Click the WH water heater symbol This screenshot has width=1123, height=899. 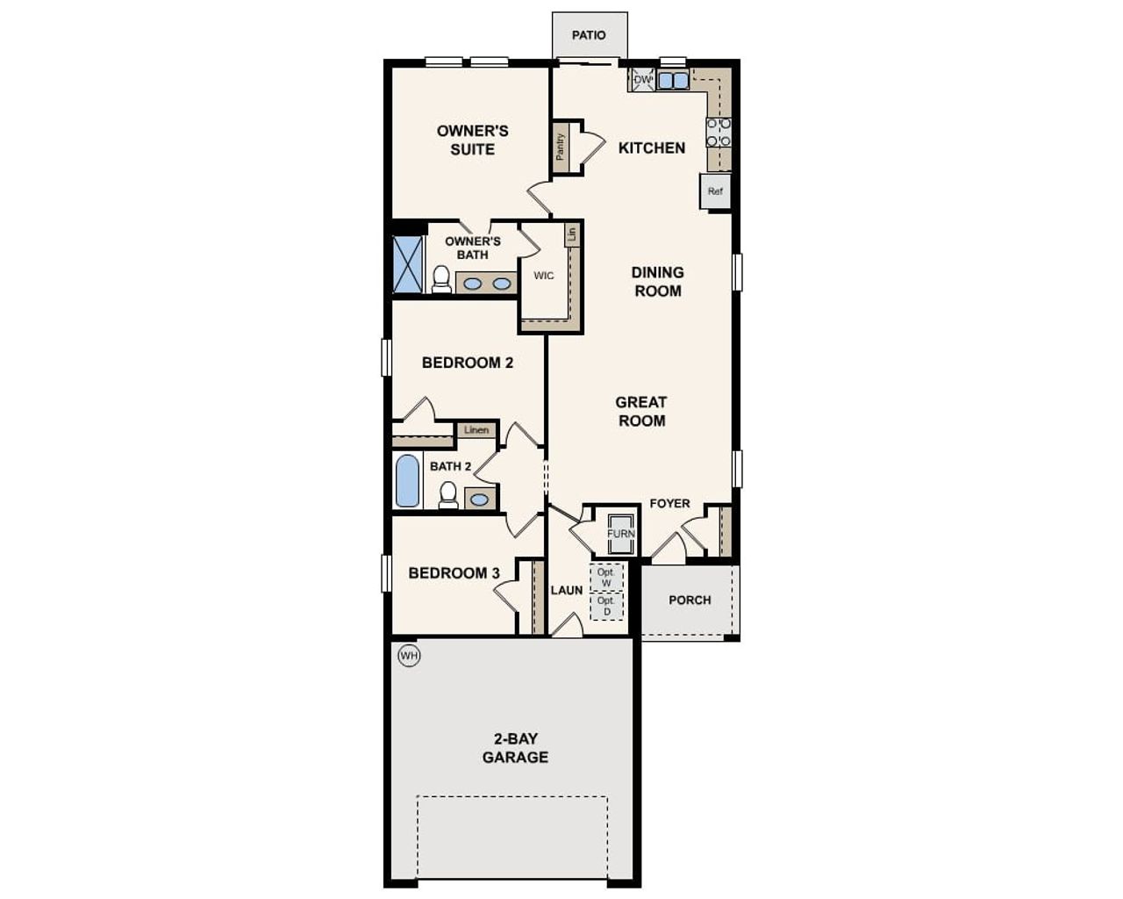[409, 655]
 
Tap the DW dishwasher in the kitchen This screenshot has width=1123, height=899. [642, 80]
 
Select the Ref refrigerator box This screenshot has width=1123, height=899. [715, 191]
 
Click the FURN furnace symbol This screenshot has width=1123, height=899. [620, 533]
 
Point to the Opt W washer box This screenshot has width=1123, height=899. [605, 577]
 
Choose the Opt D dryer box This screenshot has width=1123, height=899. [605, 606]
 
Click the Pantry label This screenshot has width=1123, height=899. [560, 147]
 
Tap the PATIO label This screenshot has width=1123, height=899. [589, 35]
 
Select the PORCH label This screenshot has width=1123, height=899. [690, 600]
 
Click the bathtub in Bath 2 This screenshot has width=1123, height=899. [407, 480]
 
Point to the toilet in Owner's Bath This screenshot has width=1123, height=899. [440, 279]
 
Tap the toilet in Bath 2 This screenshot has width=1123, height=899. [448, 494]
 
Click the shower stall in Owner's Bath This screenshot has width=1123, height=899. [408, 263]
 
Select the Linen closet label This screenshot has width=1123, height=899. [476, 430]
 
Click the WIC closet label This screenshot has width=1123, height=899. [544, 276]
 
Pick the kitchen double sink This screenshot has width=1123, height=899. [673, 81]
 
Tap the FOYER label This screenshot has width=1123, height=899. [669, 503]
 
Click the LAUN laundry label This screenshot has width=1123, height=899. [566, 590]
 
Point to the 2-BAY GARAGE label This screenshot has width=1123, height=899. [515, 748]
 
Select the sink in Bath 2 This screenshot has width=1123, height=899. [479, 500]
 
